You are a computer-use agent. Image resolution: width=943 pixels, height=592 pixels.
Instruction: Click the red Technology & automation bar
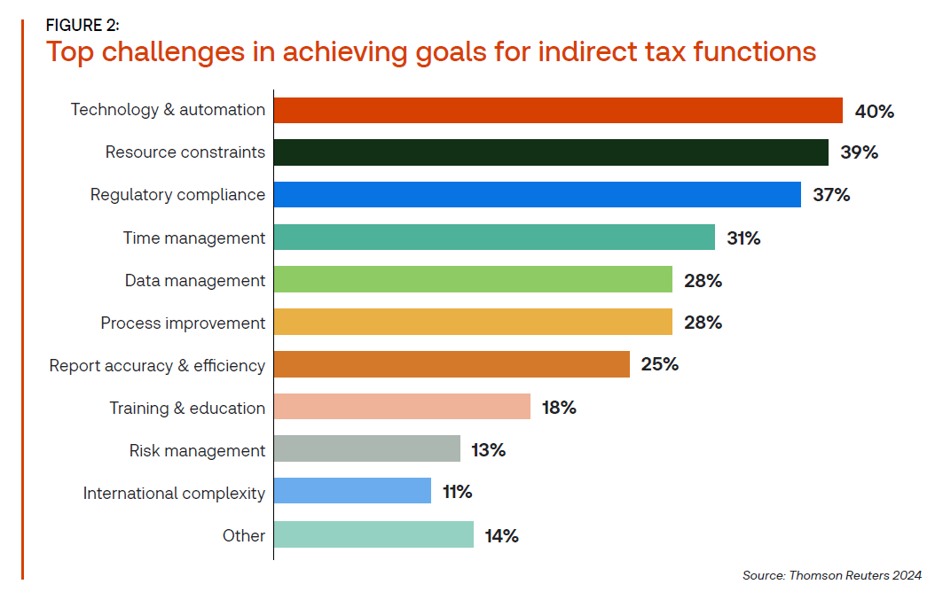tap(558, 110)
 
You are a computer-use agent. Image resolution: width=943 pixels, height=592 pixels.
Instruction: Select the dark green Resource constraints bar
tap(551, 152)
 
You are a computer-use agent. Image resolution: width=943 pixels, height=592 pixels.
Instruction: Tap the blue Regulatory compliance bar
tap(537, 195)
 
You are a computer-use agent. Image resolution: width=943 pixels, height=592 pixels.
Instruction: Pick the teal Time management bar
tap(494, 238)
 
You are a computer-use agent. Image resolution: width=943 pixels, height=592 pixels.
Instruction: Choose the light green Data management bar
tap(473, 280)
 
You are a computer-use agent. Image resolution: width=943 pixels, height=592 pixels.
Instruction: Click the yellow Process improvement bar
tap(473, 323)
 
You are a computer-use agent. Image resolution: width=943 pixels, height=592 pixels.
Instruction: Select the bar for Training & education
tap(402, 408)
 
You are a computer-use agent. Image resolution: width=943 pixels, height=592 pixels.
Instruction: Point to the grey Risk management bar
tap(367, 449)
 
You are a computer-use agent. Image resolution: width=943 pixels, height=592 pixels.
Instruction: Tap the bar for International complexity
tap(352, 492)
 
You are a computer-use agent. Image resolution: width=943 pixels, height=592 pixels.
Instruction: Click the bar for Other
tap(373, 534)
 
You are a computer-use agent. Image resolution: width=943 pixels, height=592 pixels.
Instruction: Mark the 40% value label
tap(874, 111)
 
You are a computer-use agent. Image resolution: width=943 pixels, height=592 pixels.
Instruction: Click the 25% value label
tap(659, 364)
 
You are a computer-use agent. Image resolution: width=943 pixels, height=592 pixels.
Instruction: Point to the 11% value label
tap(457, 492)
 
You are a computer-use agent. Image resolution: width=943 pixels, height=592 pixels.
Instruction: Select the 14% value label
tap(501, 535)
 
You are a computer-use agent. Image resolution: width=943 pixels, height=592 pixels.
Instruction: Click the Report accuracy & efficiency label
tap(157, 365)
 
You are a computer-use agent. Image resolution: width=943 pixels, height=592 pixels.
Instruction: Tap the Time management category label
tap(193, 238)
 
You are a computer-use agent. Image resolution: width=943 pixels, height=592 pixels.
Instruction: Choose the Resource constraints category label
tap(185, 152)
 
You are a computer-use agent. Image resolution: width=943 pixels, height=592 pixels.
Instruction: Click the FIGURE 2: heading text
tap(83, 25)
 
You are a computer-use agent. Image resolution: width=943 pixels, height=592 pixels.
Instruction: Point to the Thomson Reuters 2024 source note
tap(832, 575)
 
